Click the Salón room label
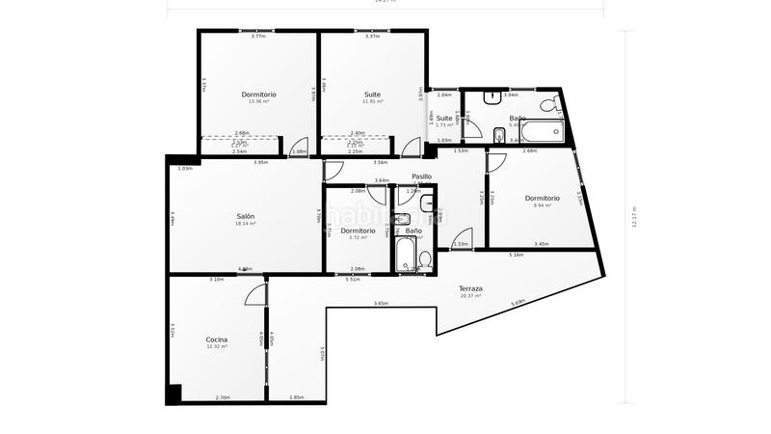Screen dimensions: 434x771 (x=246, y=216)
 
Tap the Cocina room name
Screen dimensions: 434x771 (x=217, y=339)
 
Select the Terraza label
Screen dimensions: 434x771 (x=470, y=288)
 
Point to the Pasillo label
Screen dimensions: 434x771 (x=421, y=176)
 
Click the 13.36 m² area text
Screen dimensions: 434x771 (x=258, y=101)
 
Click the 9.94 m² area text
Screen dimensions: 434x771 (x=541, y=205)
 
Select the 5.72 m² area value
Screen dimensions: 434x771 (x=358, y=237)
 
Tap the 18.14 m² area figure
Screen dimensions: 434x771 (x=246, y=224)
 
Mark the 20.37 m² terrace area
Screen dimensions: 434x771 (x=470, y=296)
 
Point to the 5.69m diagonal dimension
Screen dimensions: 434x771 (x=518, y=303)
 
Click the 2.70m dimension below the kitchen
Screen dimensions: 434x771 (x=222, y=397)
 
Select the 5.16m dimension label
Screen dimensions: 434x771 (x=516, y=255)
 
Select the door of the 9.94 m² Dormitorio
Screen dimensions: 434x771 (x=495, y=162)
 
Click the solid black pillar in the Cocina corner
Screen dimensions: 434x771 (x=173, y=393)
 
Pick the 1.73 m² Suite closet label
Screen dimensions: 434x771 (x=443, y=125)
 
